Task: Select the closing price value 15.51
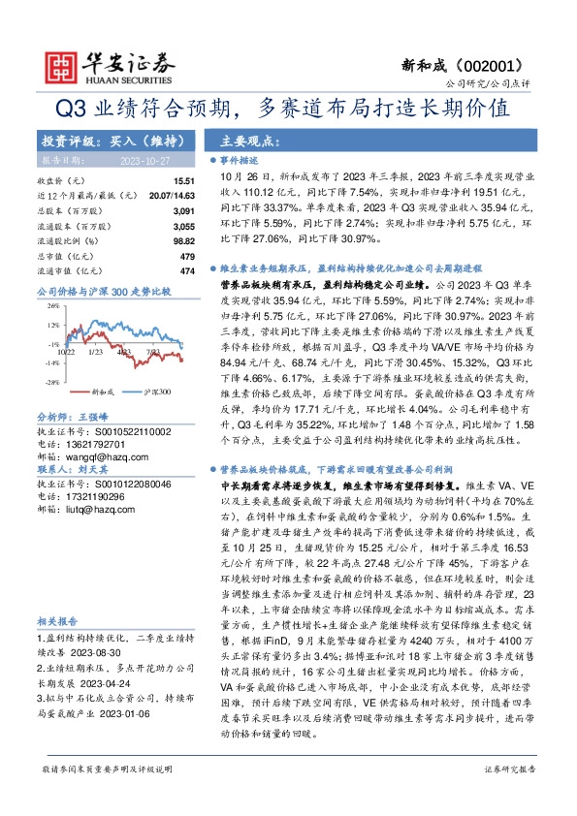pyautogui.click(x=184, y=181)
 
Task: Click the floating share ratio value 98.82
pyautogui.click(x=183, y=238)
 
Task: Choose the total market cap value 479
pyautogui.click(x=188, y=254)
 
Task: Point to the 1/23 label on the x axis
pyautogui.click(x=96, y=352)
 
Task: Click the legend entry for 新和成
pyautogui.click(x=102, y=393)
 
